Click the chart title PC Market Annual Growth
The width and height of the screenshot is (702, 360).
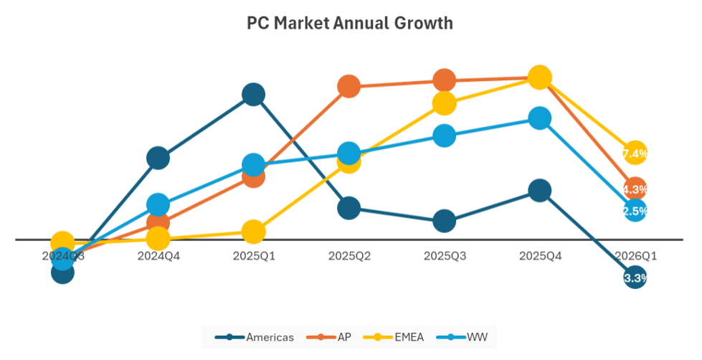click(350, 23)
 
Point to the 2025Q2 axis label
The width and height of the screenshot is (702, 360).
click(348, 255)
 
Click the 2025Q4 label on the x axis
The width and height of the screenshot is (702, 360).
click(539, 255)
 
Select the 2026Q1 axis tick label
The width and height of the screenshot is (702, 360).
click(635, 255)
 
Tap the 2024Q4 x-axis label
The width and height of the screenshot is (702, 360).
click(158, 255)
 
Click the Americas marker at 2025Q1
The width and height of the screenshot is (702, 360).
click(253, 94)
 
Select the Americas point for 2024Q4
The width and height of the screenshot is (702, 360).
click(158, 158)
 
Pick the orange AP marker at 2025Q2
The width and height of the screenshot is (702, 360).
click(348, 87)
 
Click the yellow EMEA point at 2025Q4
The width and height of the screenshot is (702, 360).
click(539, 77)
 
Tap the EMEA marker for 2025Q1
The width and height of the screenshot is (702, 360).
click(253, 232)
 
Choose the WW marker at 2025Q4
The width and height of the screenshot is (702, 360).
click(539, 118)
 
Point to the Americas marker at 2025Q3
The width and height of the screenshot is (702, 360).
click(444, 221)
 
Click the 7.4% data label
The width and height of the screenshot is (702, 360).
click(635, 153)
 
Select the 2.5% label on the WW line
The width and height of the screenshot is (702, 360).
click(635, 211)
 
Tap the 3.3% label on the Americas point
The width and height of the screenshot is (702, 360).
click(635, 278)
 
